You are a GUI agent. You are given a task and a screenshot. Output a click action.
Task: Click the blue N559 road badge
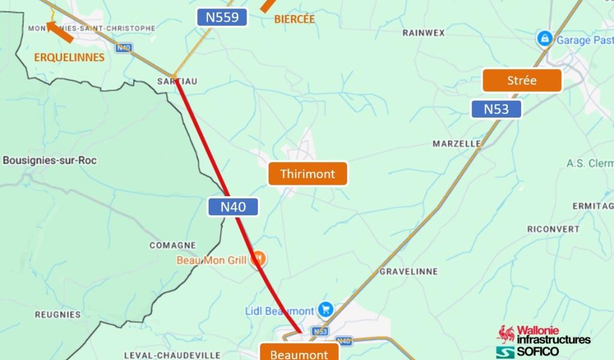pos(222,17)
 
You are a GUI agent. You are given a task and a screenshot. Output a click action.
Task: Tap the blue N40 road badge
pos(233,207)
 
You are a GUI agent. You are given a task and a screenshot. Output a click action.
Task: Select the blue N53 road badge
pos(496,109)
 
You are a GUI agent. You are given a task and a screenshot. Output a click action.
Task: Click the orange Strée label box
pos(522,80)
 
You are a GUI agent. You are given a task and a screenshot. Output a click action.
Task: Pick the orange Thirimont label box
pos(308,174)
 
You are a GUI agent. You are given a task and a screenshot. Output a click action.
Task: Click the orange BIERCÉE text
pos(294,19)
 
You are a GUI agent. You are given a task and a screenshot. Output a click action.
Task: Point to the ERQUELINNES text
pos(69,58)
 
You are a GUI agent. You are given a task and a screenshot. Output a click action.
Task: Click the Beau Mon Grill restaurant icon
pos(259,259)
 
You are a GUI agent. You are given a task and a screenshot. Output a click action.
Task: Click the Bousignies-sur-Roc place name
pos(50,160)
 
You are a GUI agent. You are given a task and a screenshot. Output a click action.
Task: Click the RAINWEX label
pos(423,32)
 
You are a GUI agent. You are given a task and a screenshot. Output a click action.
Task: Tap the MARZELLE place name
pos(456,144)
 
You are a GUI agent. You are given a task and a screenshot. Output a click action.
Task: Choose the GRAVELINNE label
pos(408,272)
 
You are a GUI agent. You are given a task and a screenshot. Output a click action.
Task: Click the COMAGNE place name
pos(173,245)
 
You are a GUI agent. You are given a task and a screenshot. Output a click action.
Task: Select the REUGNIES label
pos(58,314)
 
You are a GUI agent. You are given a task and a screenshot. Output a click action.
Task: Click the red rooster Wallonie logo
pos(505,334)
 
